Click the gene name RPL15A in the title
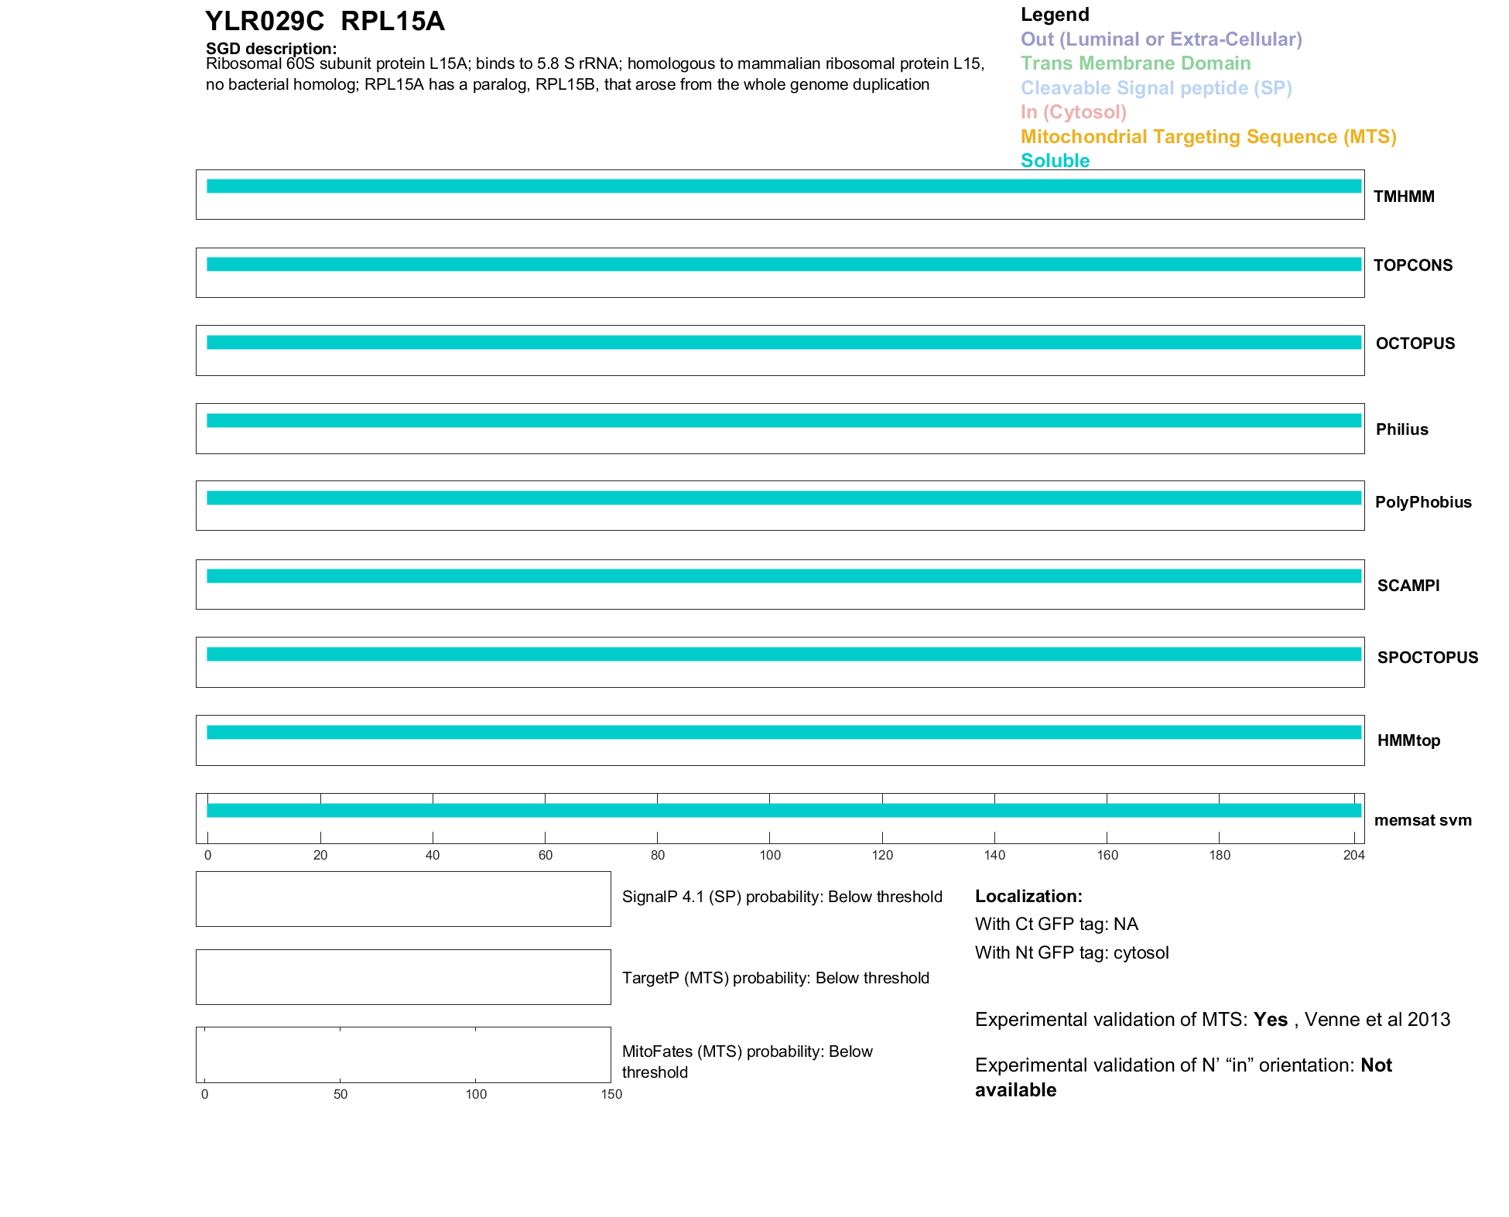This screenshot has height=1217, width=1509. (x=392, y=22)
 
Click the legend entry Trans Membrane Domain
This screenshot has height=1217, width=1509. (x=1135, y=63)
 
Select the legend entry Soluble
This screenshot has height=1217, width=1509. (x=1055, y=161)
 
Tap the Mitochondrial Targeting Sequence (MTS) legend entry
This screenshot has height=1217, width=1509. (x=1208, y=137)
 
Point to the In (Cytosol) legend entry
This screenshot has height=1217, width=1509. (x=1073, y=112)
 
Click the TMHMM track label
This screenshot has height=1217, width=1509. (x=1404, y=197)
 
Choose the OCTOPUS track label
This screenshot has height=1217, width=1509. (x=1415, y=344)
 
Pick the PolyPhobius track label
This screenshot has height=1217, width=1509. (x=1423, y=502)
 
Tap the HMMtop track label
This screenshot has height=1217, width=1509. (x=1408, y=740)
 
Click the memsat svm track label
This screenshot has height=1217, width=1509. (x=1422, y=820)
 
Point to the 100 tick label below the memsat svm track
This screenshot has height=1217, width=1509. (x=770, y=855)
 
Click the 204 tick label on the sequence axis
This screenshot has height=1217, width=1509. (x=1353, y=855)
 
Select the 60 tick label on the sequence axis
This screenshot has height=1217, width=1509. (x=546, y=855)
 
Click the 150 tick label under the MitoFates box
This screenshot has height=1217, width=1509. (x=611, y=1094)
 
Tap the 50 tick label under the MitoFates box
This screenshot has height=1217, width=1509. (x=340, y=1094)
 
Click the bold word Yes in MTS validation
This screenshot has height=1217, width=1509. (x=1270, y=1020)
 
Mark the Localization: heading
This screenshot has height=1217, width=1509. (x=1028, y=896)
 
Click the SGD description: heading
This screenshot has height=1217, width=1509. (x=271, y=49)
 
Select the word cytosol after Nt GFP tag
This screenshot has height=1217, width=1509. (x=1141, y=952)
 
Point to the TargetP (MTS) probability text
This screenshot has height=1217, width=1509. (x=775, y=978)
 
